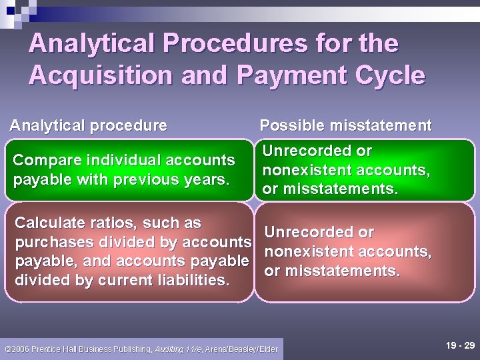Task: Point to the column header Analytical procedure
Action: pyautogui.click(x=88, y=125)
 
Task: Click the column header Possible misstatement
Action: pyautogui.click(x=345, y=125)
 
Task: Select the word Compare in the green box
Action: pyautogui.click(x=41, y=160)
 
